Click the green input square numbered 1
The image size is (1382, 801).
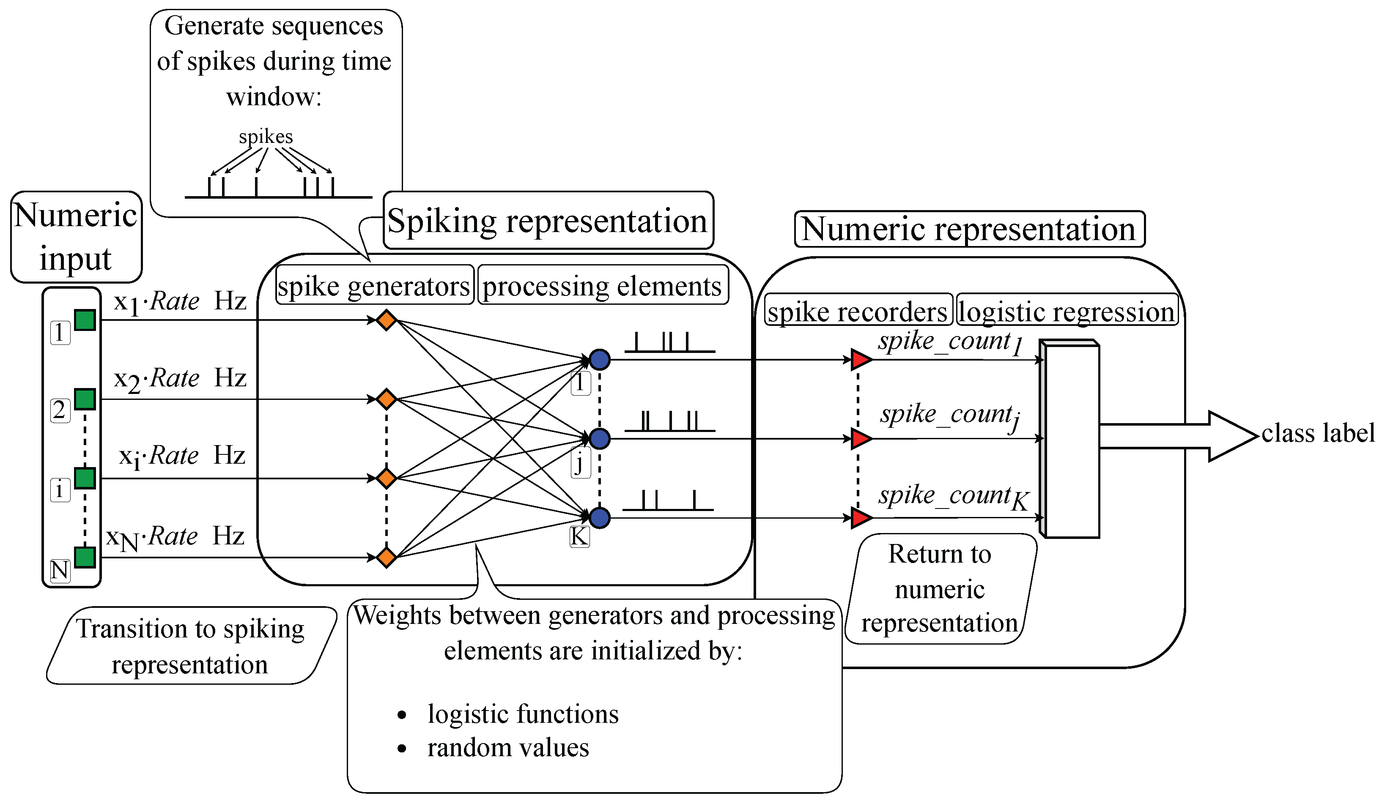(x=85, y=320)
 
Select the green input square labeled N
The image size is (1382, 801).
(x=85, y=558)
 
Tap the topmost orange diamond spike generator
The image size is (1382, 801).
(x=387, y=320)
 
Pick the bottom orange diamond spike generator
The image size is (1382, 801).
(x=387, y=558)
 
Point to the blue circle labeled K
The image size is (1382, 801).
(x=600, y=517)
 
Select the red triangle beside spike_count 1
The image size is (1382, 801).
(x=861, y=360)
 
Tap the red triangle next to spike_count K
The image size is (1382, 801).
(x=861, y=517)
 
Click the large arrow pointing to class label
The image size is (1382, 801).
(x=1179, y=436)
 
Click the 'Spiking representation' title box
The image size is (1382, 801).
(x=548, y=220)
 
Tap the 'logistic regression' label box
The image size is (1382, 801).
(x=1067, y=310)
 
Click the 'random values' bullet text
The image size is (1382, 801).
(x=508, y=747)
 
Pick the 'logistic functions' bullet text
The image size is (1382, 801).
(x=523, y=714)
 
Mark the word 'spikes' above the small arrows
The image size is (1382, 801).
(x=266, y=137)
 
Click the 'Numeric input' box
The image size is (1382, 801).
(x=76, y=237)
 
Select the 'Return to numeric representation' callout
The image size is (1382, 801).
(x=941, y=589)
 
